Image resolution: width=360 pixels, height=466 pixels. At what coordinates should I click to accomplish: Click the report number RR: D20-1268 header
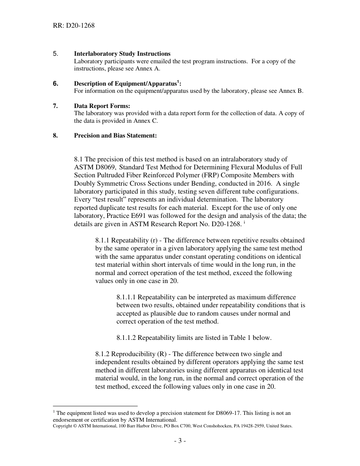point(74,26)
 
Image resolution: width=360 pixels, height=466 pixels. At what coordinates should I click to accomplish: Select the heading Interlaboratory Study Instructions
point(122,54)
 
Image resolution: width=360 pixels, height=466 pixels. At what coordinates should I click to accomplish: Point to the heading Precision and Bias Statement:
point(115,136)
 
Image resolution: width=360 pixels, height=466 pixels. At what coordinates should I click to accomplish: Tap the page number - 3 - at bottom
point(180,441)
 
